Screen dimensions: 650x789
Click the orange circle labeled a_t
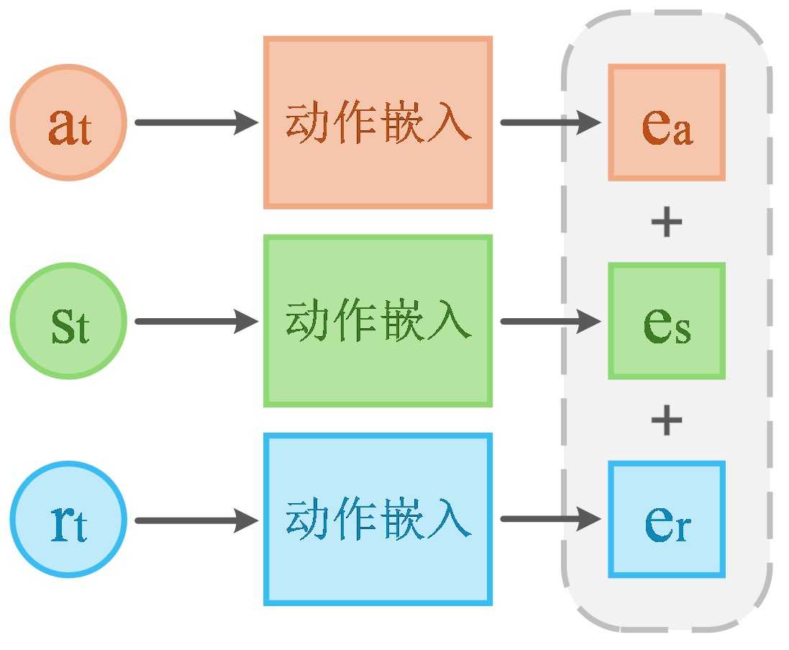[68, 122]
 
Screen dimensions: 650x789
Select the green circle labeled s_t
[68, 321]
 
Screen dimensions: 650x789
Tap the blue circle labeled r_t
[68, 520]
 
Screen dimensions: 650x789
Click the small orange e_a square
[666, 122]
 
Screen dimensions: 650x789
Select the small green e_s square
[666, 321]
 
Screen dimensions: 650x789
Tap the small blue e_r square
[666, 520]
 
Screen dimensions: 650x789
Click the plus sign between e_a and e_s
[666, 222]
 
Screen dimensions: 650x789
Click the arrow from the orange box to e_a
[550, 122]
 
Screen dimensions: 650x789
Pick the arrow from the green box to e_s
[550, 321]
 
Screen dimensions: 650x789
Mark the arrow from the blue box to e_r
[550, 520]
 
